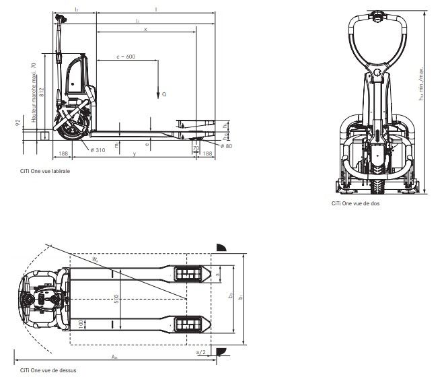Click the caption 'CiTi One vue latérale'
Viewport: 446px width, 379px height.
pyautogui.click(x=45, y=171)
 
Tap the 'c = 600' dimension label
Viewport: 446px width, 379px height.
pyautogui.click(x=126, y=57)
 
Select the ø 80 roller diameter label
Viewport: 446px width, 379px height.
pyautogui.click(x=225, y=145)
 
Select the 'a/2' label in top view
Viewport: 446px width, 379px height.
pyautogui.click(x=200, y=352)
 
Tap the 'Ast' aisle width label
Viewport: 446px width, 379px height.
pyautogui.click(x=115, y=357)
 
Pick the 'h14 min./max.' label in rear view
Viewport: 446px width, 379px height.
pyautogui.click(x=421, y=83)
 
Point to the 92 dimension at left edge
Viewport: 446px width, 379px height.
pyautogui.click(x=17, y=123)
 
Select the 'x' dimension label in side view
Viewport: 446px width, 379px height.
pyautogui.click(x=145, y=29)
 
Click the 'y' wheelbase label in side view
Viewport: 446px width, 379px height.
pyautogui.click(x=134, y=154)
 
